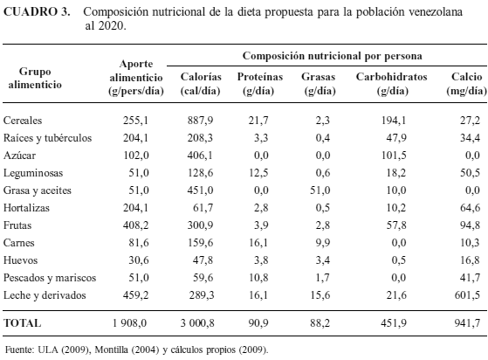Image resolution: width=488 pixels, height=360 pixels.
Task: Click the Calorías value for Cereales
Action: click(201, 121)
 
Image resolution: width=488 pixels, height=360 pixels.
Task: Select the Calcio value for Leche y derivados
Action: click(467, 295)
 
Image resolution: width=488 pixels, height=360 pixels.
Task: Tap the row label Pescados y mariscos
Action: click(50, 278)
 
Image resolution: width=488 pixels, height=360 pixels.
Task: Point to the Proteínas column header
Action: click(260, 84)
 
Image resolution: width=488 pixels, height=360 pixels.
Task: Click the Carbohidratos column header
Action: click(391, 84)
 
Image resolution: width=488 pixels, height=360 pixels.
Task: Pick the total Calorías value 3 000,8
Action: click(197, 323)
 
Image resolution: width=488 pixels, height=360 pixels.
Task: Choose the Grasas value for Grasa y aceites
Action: click(320, 190)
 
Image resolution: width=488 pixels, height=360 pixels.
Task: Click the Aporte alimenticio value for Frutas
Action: click(135, 225)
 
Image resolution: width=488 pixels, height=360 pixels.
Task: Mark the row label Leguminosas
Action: click(33, 173)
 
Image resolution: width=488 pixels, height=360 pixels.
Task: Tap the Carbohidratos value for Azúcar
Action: click(394, 155)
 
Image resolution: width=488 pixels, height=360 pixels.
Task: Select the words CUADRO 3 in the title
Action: click(37, 12)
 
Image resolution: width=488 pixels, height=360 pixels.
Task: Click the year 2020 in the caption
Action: click(112, 26)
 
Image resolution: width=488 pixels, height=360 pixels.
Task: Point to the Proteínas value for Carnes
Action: click(258, 243)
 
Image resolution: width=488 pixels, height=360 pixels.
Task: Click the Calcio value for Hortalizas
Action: click(470, 208)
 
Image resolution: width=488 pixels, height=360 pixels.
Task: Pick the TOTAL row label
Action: click(22, 323)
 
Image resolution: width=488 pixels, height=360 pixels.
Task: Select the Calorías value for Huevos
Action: click(203, 260)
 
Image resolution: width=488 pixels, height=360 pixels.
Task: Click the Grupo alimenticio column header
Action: click(35, 78)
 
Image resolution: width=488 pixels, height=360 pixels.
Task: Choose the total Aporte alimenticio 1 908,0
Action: click(129, 323)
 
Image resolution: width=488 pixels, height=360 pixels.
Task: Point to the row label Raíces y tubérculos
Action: click(48, 138)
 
